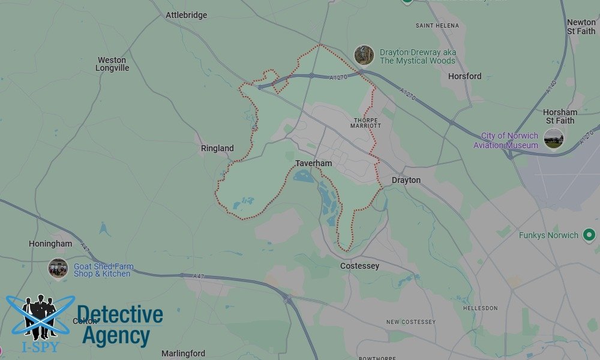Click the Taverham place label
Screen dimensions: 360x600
(313, 163)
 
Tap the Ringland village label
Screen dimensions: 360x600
(217, 148)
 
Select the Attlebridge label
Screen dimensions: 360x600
(186, 15)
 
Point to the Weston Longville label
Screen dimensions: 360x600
(112, 64)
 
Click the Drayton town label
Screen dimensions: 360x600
(406, 180)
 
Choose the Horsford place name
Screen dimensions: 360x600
(464, 76)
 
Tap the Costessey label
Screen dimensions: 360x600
(359, 266)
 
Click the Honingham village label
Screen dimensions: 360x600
(50, 244)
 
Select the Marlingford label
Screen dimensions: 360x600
(183, 353)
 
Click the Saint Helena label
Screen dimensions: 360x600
(437, 26)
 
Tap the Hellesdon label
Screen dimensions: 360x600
(480, 308)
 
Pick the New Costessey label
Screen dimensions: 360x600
(411, 322)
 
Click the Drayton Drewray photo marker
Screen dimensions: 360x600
(364, 55)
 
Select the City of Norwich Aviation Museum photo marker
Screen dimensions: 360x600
(553, 138)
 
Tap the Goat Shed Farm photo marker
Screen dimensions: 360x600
(58, 268)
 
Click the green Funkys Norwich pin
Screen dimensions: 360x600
(589, 235)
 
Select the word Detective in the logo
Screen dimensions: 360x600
(119, 315)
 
